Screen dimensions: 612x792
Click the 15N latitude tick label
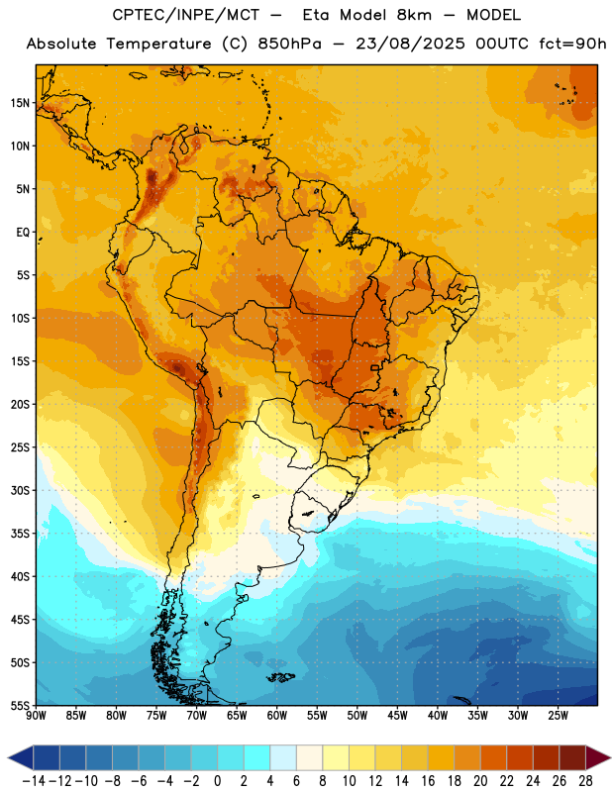pos(20,103)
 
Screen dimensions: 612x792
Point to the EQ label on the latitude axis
pos(23,233)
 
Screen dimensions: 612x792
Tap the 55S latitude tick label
pos(20,705)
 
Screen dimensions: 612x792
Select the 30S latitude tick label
pos(20,490)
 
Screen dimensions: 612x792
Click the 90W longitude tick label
pos(36,715)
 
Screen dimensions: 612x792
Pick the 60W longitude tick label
pos(276,715)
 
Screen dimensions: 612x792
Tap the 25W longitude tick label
pos(558,715)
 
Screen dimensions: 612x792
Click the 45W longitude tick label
pos(397,715)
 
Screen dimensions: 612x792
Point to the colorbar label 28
pos(585,781)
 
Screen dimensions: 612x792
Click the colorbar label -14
pos(34,781)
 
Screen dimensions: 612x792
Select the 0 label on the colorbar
pos(218,781)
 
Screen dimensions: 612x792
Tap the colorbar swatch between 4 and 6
pos(283,757)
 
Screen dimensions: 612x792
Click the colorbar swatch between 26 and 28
pos(572,757)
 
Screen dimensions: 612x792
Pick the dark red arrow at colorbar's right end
pos(597,757)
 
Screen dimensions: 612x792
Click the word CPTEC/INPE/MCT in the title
pos(185,15)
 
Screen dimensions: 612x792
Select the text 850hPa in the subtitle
pos(289,44)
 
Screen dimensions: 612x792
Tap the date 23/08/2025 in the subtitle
pos(410,44)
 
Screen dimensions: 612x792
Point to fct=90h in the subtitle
pos(572,44)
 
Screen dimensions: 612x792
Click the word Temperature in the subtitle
pos(158,44)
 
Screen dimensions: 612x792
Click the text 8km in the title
pos(414,15)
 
